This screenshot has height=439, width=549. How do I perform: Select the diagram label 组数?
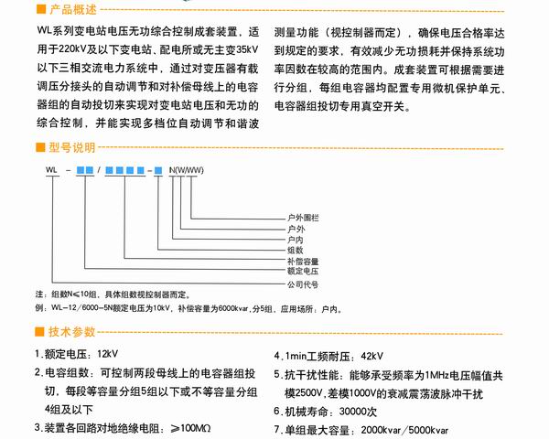pos(295,250)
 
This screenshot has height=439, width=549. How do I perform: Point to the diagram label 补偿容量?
pos(301,261)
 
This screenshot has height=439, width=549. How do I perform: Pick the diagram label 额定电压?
pos(301,271)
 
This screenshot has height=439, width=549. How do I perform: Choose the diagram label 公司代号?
pos(301,284)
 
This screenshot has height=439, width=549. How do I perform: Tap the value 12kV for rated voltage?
pos(108,354)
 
